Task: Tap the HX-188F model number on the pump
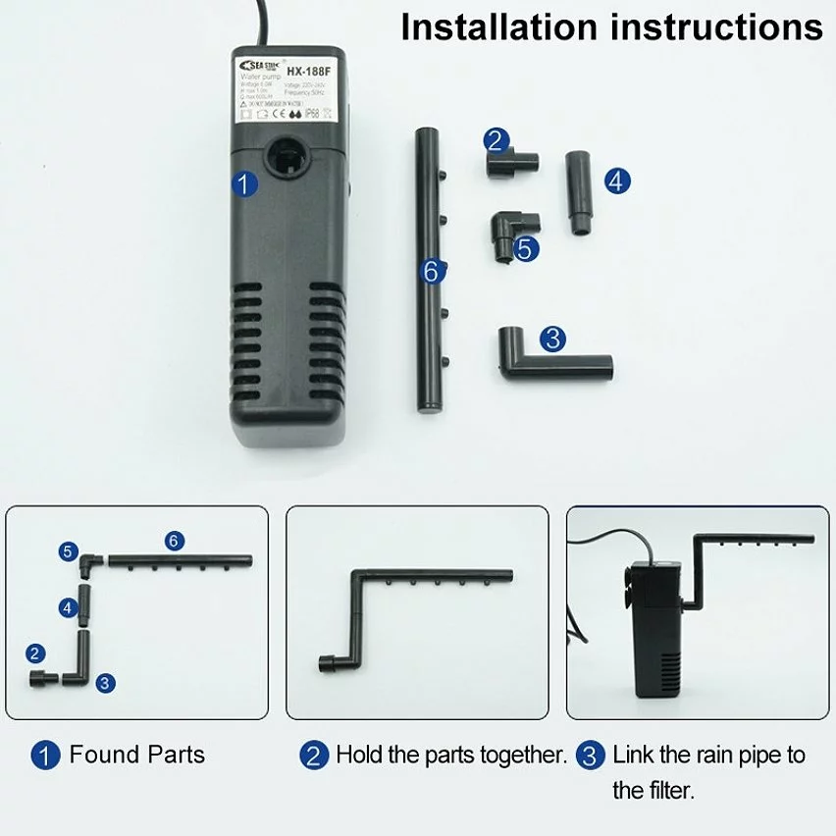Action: tap(306, 70)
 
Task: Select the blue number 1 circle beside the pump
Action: tap(245, 183)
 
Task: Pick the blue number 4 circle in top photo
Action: tap(617, 181)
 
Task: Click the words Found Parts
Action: tap(136, 755)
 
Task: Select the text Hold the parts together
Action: tap(451, 755)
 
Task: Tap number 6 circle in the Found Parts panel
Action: tap(174, 540)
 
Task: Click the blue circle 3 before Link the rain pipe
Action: tap(589, 755)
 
